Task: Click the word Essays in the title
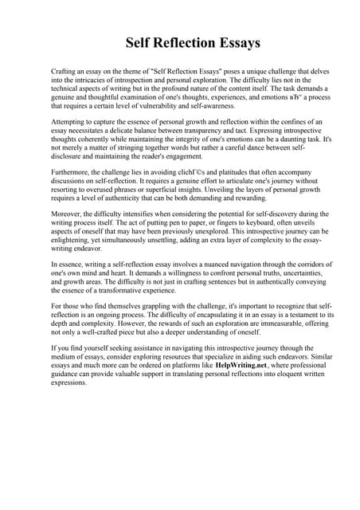tap(234, 41)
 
